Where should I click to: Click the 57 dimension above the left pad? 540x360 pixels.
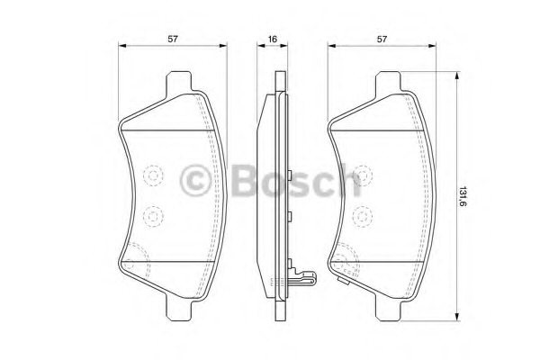[171, 39]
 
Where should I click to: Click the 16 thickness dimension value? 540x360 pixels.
[271, 39]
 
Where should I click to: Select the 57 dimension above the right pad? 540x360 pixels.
[382, 39]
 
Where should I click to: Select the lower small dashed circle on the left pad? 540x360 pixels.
[152, 216]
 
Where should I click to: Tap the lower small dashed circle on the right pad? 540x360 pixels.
[364, 216]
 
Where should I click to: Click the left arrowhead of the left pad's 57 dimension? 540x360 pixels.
[123, 48]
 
